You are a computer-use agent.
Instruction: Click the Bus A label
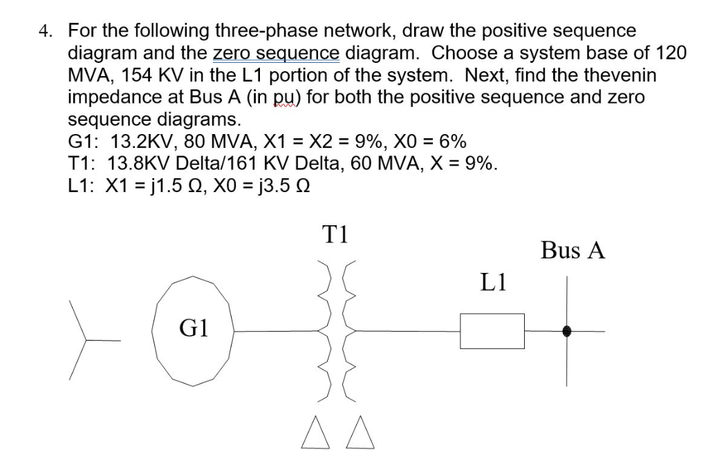(573, 250)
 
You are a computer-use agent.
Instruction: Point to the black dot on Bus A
(568, 331)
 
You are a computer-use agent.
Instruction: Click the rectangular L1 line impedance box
(492, 331)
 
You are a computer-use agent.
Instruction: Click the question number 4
(46, 32)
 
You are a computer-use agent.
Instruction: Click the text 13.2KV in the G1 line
(140, 142)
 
